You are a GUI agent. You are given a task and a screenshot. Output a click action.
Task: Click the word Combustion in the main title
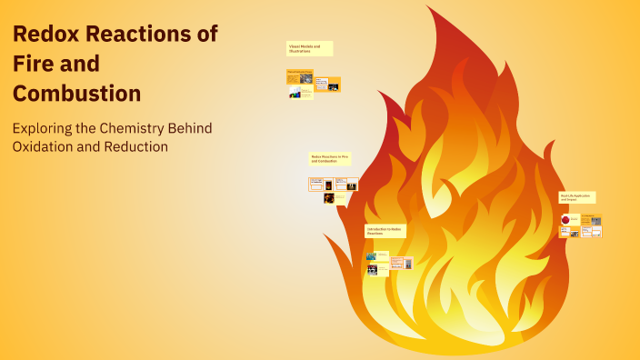tap(76, 94)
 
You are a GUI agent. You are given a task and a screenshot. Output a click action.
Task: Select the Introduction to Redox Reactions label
tap(385, 232)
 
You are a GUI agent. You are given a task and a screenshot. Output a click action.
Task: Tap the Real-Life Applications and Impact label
tap(577, 196)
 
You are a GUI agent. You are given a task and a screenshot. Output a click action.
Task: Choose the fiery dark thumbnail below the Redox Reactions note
tap(328, 198)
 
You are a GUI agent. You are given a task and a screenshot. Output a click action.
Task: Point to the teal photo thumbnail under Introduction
tap(371, 256)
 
